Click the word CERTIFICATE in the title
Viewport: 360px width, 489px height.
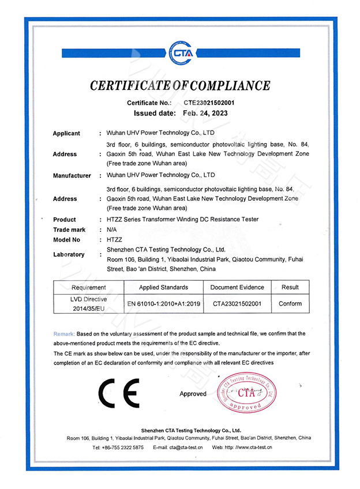[x=130, y=86]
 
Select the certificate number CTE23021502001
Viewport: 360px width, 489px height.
[x=209, y=103]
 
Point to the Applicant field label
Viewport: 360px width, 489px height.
[x=66, y=133]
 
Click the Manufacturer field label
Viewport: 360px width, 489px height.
[x=72, y=175]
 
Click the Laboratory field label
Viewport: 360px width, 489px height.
[x=69, y=254]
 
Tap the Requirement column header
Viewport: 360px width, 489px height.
[x=89, y=287]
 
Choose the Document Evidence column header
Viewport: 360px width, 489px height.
[x=237, y=287]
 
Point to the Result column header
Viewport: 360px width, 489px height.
[x=290, y=287]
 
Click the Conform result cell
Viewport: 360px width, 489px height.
[x=290, y=303]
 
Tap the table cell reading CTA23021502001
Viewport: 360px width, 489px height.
[x=237, y=303]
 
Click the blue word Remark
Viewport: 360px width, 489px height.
[x=63, y=334]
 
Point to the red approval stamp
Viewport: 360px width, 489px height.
[x=246, y=393]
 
